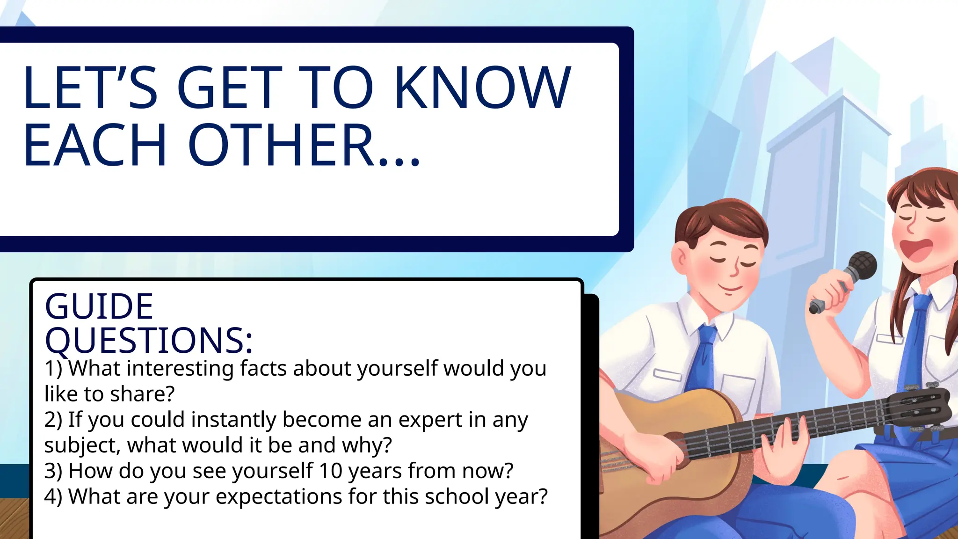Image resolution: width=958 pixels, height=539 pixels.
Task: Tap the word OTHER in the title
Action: [x=281, y=145]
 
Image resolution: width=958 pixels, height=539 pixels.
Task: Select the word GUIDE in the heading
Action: [x=99, y=306]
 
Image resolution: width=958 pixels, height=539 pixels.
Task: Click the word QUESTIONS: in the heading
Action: [x=149, y=340]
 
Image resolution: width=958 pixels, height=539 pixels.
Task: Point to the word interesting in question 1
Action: [x=180, y=369]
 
